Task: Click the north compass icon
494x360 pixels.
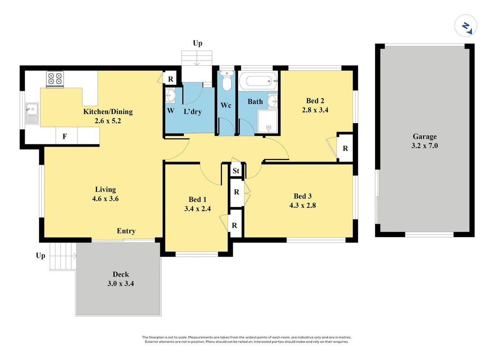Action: click(466, 26)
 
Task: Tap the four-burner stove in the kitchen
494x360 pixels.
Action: click(55, 79)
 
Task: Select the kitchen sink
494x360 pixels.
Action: click(32, 113)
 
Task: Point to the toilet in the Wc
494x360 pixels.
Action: click(227, 80)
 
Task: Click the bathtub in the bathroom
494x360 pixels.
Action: click(258, 81)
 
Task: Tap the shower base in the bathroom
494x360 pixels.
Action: click(267, 121)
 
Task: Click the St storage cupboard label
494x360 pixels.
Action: click(236, 171)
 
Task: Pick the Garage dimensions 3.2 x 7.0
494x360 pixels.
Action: click(425, 145)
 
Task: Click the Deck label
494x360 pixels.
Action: click(121, 274)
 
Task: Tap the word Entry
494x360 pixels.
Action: click(126, 231)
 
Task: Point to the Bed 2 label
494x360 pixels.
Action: click(315, 101)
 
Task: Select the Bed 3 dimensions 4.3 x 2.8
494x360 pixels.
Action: click(303, 205)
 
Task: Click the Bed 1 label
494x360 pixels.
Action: click(198, 199)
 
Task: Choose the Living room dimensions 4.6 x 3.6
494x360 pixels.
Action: click(105, 199)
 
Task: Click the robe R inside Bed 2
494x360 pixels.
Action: click(345, 148)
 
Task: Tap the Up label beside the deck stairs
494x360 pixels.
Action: click(41, 256)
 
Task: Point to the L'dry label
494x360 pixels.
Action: click(192, 112)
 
